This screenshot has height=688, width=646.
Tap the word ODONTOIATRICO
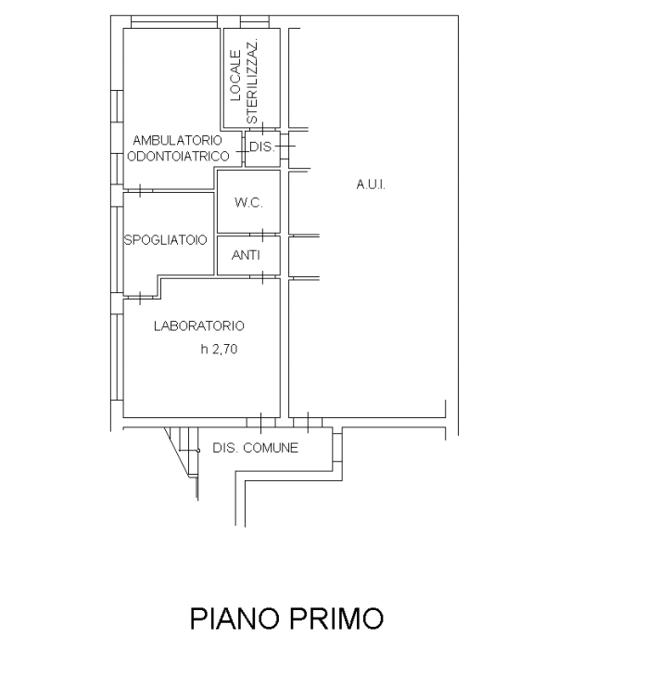(x=178, y=156)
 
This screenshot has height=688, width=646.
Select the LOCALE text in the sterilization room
(x=235, y=75)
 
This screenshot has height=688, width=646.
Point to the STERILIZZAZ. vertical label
(x=252, y=82)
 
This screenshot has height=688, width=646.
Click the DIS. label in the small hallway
(x=261, y=147)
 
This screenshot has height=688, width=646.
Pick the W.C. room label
(x=248, y=203)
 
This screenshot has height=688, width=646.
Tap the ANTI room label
(x=246, y=255)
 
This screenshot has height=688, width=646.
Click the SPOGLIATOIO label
(x=165, y=240)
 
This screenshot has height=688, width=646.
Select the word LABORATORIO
(x=199, y=325)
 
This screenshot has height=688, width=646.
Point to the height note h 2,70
(x=219, y=349)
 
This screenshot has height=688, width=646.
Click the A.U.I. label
(x=371, y=185)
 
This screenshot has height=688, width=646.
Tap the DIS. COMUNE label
(x=255, y=448)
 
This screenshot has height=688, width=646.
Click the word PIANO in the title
(x=234, y=618)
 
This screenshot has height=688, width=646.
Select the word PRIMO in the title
(x=336, y=618)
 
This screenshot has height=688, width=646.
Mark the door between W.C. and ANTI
(x=262, y=235)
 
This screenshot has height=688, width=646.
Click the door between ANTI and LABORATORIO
(x=262, y=277)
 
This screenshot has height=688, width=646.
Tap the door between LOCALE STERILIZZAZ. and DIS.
(x=262, y=129)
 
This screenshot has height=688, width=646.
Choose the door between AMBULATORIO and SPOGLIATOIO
(x=140, y=191)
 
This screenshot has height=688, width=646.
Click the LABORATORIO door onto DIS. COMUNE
(x=261, y=423)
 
